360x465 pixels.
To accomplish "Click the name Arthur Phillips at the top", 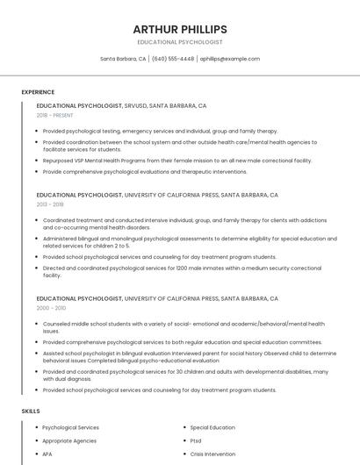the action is point(180,30).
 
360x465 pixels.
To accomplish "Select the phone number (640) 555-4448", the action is point(173,59).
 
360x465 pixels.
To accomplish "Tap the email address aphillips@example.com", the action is point(229,59).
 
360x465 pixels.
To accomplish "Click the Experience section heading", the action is point(38,92).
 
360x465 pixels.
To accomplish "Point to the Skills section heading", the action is point(31,411).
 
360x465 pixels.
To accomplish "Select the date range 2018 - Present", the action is point(55,115).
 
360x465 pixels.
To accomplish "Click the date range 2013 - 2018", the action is point(50,204).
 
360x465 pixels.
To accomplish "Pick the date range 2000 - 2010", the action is point(51,308).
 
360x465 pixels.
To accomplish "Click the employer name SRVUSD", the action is point(136,105).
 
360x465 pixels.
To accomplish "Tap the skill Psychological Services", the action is point(70,427).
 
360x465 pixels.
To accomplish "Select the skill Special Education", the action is point(212,427).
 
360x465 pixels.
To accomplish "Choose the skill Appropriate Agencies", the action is point(69,440).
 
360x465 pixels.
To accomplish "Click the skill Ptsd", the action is point(196,440).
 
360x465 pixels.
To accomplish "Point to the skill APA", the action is point(47,454).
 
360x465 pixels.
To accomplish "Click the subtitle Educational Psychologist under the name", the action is point(180,42).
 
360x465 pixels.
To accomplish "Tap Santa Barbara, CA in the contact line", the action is point(123,59).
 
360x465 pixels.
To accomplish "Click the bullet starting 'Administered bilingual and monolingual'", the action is point(189,241).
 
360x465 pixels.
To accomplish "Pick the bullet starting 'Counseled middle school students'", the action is point(184,327).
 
